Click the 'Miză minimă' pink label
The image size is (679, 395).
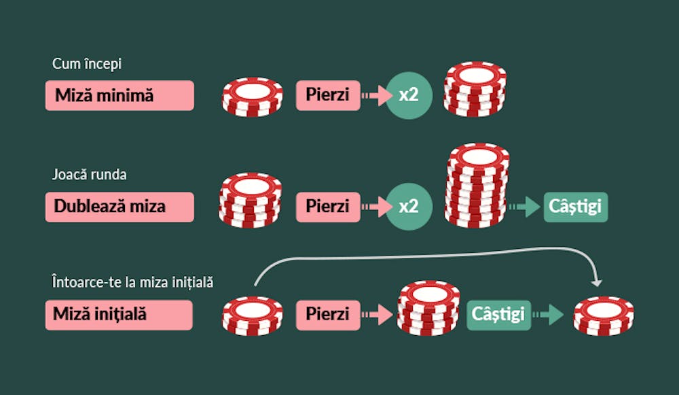point(120,95)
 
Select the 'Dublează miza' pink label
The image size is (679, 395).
point(120,207)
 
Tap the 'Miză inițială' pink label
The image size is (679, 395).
point(119,315)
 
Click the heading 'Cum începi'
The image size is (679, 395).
point(87,64)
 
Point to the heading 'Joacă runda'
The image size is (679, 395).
point(89,174)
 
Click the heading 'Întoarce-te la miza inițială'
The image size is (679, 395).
point(132,282)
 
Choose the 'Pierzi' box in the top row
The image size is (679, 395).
point(328,95)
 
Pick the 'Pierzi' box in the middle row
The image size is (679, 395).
point(328,207)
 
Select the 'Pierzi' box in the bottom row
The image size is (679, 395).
point(328,315)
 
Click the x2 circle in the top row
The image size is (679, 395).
point(409,95)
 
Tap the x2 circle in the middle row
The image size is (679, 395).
point(409,207)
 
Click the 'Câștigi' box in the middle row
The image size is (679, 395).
point(576,207)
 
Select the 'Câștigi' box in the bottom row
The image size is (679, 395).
point(499,315)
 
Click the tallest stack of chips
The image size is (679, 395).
point(477,186)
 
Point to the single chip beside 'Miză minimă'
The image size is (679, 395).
point(252,97)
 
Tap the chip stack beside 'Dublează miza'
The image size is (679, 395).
point(251,201)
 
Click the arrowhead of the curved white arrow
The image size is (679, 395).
point(597,283)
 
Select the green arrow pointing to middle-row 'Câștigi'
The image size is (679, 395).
point(525,207)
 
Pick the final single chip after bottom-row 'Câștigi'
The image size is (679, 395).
point(604,316)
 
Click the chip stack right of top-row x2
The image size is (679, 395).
point(475,89)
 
